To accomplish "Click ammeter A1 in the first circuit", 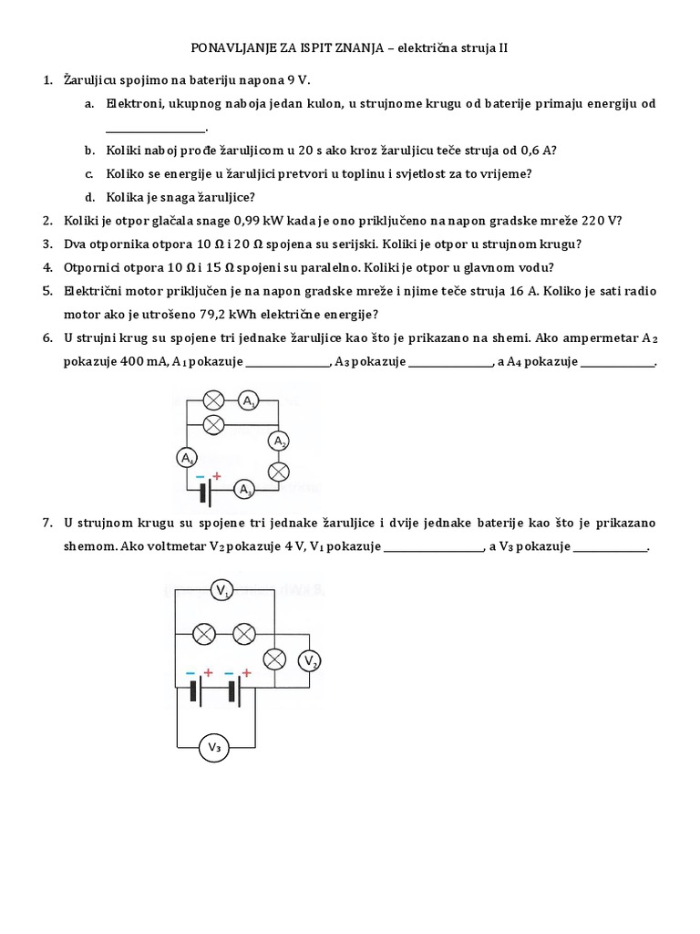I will coord(248,400).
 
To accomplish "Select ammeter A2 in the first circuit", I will coord(279,441).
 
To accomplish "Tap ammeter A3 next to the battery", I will coord(244,490).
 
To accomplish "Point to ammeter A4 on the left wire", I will coord(186,458).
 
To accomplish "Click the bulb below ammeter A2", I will coord(279,471).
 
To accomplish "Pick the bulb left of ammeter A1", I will coord(213,400).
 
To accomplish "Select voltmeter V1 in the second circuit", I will coord(222,592).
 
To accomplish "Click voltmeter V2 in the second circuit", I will coord(310,660).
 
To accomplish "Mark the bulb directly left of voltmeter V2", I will coord(273,659).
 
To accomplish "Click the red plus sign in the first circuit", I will coord(217,475).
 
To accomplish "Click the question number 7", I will coord(47,524).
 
